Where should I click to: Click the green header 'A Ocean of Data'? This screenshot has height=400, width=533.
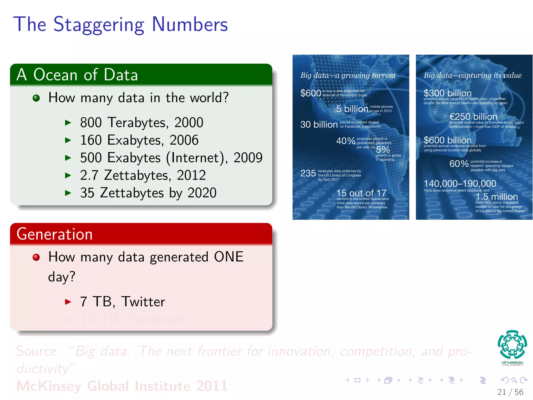(x=77, y=75)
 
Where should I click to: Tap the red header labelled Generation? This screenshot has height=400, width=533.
(x=55, y=234)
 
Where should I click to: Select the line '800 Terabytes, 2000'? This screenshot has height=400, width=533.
(x=142, y=122)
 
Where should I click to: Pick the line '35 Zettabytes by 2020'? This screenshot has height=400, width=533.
(x=148, y=193)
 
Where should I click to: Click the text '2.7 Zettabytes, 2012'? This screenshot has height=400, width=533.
(x=143, y=175)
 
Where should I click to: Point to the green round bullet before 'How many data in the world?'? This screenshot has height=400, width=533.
(x=36, y=98)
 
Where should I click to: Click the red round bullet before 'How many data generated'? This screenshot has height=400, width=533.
(x=36, y=257)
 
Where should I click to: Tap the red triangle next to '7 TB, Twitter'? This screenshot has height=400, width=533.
(x=68, y=302)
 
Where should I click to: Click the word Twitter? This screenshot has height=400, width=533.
(x=143, y=302)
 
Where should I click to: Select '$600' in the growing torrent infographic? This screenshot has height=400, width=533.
(x=310, y=93)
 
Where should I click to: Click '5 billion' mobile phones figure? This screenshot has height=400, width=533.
(x=352, y=109)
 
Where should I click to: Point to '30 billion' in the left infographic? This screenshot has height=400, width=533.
(x=319, y=124)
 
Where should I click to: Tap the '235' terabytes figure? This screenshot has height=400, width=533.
(x=308, y=173)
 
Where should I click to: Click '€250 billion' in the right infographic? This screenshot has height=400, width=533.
(x=473, y=117)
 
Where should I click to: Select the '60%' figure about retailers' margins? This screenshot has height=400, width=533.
(x=459, y=164)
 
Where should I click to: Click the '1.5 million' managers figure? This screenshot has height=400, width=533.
(x=497, y=197)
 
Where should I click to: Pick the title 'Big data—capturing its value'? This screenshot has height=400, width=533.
(x=472, y=75)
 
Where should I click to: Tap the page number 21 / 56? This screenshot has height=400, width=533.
(x=510, y=392)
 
